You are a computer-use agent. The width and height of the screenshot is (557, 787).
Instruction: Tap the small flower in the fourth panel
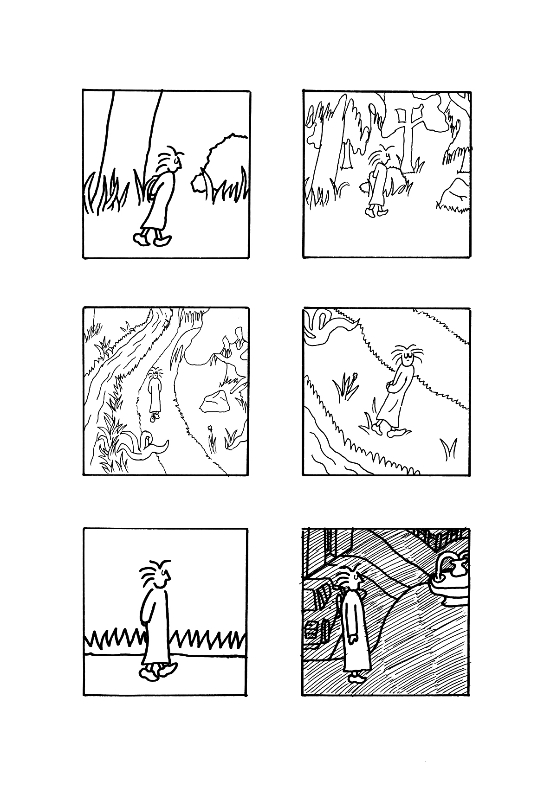tap(355, 375)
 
